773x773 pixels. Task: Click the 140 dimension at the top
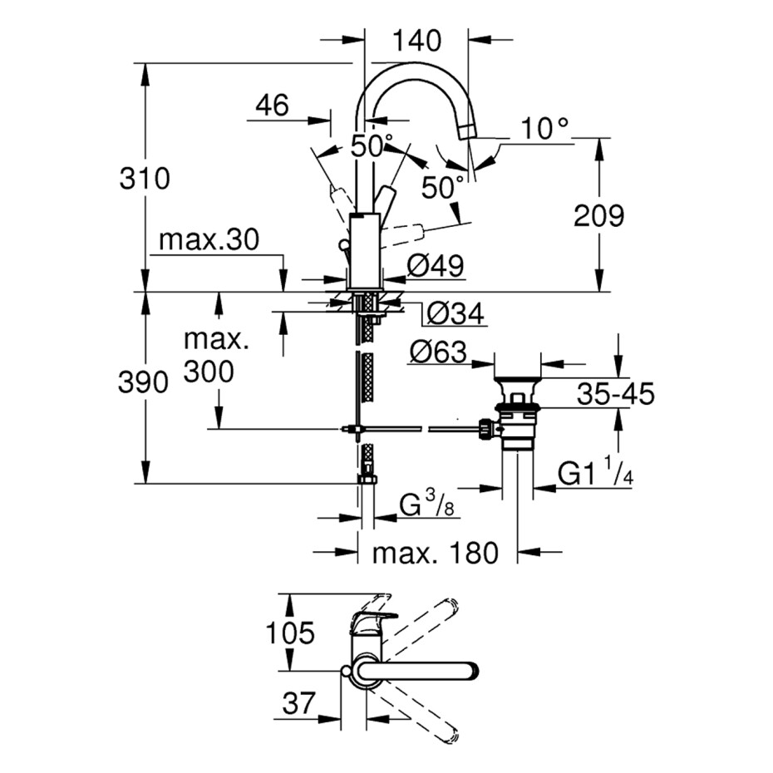(x=416, y=39)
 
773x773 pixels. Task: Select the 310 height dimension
(x=145, y=178)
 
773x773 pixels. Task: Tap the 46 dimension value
(x=271, y=106)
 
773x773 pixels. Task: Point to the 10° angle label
(x=546, y=128)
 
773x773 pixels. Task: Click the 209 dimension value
(x=598, y=216)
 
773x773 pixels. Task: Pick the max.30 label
(x=209, y=240)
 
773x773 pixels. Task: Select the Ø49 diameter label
(x=436, y=267)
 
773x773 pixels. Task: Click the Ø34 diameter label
(x=454, y=314)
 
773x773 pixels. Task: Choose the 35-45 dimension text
(x=616, y=393)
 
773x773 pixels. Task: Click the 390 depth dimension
(x=145, y=382)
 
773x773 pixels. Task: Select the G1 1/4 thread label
(x=595, y=475)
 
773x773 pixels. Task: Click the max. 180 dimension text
(x=435, y=552)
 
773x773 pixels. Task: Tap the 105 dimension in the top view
(x=290, y=633)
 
